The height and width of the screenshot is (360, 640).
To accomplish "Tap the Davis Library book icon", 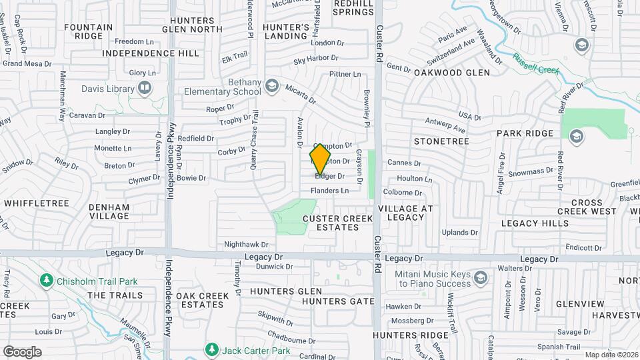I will (x=144, y=88).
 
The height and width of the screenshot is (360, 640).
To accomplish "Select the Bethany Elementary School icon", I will (x=271, y=85).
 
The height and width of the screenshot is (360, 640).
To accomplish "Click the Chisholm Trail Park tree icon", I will (x=45, y=279).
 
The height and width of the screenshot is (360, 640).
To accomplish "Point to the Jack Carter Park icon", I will (x=211, y=349).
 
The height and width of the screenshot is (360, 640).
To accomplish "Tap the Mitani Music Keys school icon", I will (x=480, y=277).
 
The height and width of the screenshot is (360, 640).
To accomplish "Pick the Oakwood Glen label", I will (x=452, y=72).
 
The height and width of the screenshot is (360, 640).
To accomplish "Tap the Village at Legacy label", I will (x=405, y=213).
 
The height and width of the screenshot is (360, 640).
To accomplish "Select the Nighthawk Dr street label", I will (x=246, y=245).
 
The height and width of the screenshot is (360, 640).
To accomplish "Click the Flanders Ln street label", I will (x=329, y=191).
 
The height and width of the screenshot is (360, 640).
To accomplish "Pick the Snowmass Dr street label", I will (x=529, y=172).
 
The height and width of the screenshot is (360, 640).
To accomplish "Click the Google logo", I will (x=22, y=352).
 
